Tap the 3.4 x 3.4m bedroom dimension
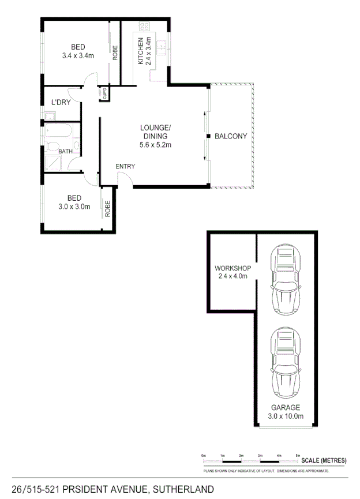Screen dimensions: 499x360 coord(78,56)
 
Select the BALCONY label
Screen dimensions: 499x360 coord(230,137)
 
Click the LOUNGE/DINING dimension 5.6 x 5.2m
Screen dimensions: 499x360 coord(155,145)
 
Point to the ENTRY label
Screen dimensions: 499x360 coord(125,167)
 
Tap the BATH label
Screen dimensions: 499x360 coord(65,152)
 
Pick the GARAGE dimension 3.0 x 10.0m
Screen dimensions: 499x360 coord(287,415)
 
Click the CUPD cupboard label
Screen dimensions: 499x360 coord(105,93)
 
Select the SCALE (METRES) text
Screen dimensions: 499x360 coord(328,460)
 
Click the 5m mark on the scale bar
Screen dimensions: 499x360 coord(297,456)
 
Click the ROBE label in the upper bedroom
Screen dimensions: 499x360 coord(115,53)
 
